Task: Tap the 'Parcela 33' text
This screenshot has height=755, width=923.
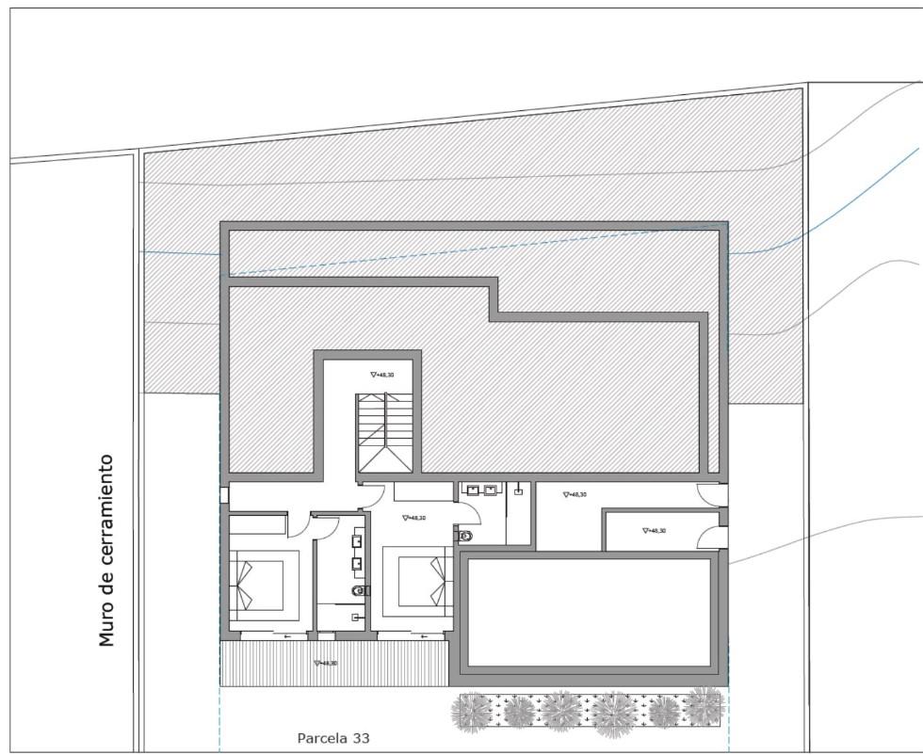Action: point(333,738)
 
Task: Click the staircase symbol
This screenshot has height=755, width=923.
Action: point(384,433)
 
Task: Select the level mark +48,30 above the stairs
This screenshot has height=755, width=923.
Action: point(382,375)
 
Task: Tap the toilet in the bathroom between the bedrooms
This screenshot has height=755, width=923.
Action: point(360,590)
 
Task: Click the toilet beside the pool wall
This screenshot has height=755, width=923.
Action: point(464,535)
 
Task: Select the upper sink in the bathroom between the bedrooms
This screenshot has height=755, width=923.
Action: point(358,541)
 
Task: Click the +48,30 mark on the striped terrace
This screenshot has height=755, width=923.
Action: point(326,663)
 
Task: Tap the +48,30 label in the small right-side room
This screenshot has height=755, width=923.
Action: point(654,531)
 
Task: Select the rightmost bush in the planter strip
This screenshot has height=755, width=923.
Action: point(704,706)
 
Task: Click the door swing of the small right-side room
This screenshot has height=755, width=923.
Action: point(712,538)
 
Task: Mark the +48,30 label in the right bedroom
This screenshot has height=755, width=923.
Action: point(413,518)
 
